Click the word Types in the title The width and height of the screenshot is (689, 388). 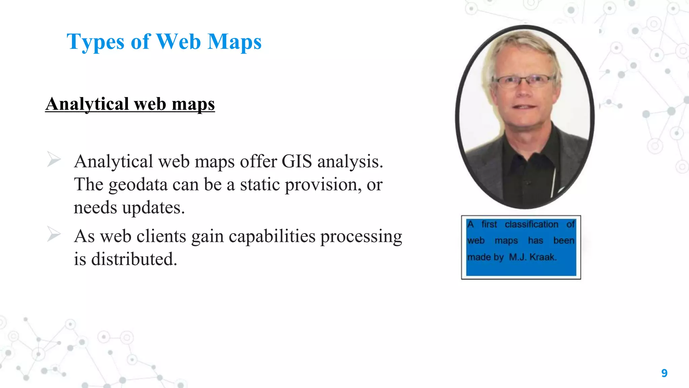tap(96, 42)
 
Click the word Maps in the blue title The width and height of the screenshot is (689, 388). tap(234, 42)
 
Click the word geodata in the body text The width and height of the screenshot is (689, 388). tap(138, 185)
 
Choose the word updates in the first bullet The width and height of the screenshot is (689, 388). tap(153, 207)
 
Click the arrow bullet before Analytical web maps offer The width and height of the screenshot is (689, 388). tap(54, 159)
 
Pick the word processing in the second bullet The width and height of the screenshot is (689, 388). tap(361, 237)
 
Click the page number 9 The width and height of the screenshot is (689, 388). tap(664, 373)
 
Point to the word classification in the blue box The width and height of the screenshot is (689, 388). tap(531, 224)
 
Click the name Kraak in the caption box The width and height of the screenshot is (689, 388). tap(543, 257)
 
